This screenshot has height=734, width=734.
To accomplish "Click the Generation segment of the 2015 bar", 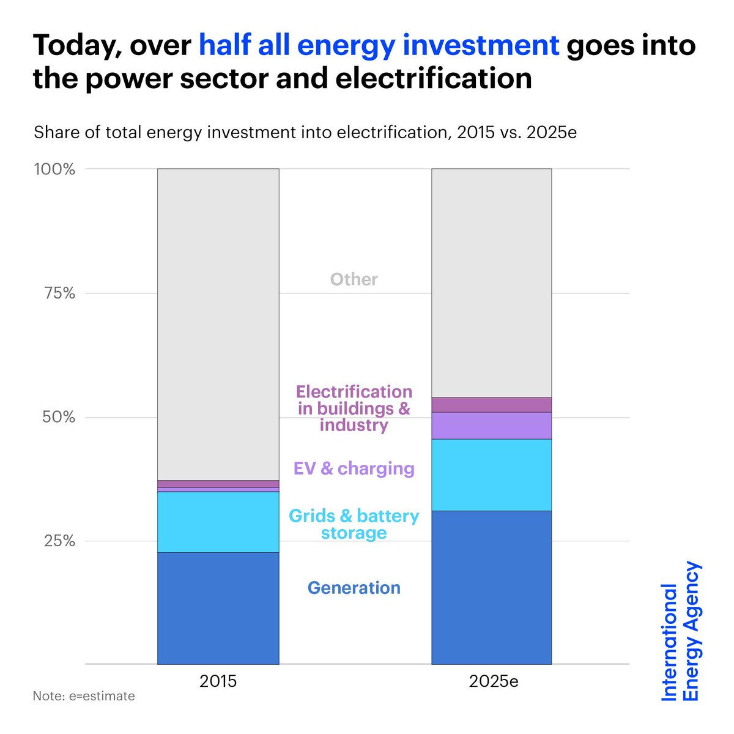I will point(218,608).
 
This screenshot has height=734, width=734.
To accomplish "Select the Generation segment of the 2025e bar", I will point(491,587).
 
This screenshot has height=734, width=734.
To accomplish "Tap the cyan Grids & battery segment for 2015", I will point(218,522).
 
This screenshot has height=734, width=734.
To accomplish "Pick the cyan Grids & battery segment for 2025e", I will point(491,475).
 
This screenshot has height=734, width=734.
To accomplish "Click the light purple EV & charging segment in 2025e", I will point(491,425).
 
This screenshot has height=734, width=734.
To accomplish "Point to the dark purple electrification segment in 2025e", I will point(491,405).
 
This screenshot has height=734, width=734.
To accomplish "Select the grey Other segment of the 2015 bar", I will point(218,324).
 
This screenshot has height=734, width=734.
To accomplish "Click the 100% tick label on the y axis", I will point(54,169).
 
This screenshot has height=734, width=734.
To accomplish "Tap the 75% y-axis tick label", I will point(59,294).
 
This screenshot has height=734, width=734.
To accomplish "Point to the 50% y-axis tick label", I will point(59,418).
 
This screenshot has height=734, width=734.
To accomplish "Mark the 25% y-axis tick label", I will point(59,541).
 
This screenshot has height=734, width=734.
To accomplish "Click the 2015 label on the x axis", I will point(218,681).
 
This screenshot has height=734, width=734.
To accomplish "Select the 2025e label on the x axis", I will point(494,681).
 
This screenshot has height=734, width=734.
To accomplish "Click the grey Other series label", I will point(354,280).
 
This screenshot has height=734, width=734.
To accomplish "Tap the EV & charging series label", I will point(354,469).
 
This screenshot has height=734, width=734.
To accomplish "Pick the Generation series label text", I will point(354,588).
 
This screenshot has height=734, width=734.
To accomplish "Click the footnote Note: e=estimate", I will point(84,696).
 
